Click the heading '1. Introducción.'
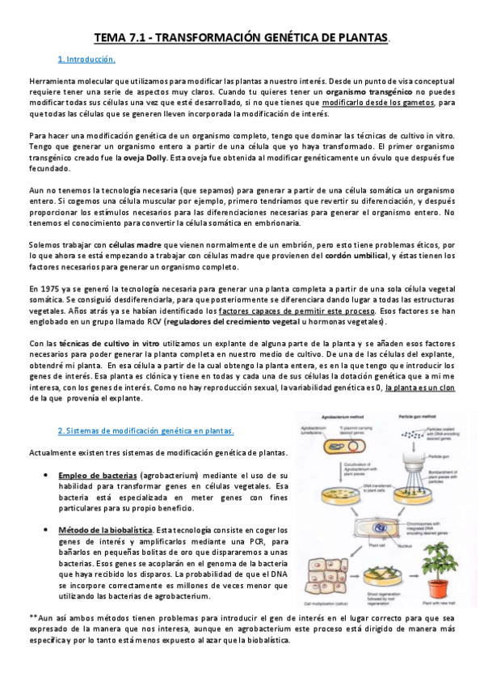click(x=86, y=60)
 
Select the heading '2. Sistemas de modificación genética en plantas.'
click(x=145, y=430)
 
